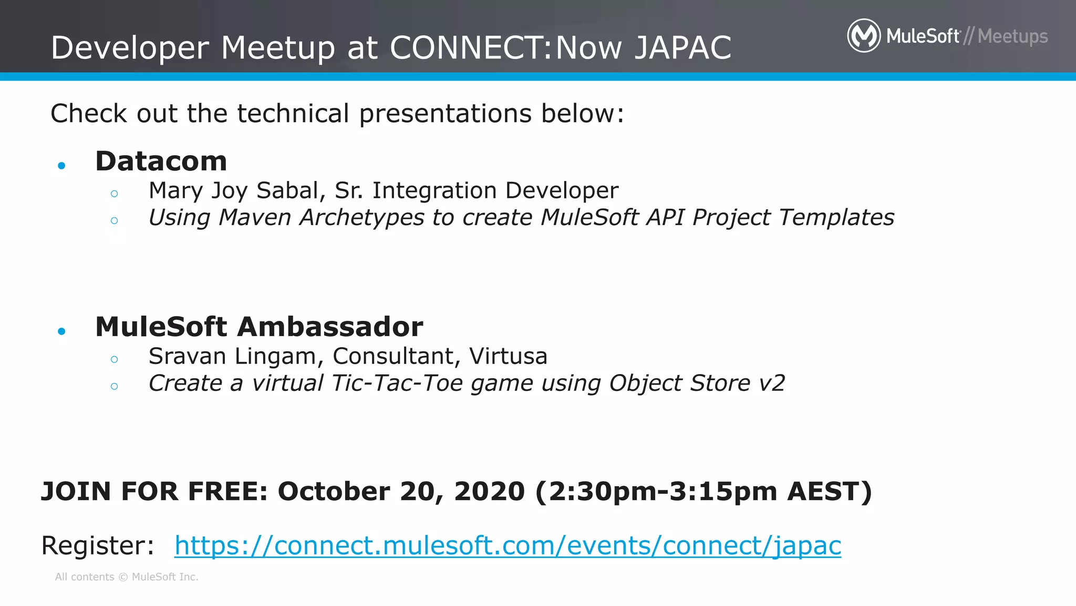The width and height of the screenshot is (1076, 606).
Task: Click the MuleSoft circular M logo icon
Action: pos(864,36)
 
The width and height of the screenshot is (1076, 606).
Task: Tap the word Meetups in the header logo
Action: pos(1012,36)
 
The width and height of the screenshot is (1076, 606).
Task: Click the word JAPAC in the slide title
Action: pos(682,48)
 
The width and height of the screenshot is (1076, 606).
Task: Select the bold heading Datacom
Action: pos(161,161)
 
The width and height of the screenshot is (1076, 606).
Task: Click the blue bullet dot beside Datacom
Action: pos(61,166)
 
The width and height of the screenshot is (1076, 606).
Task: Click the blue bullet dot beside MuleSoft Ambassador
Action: pos(61,331)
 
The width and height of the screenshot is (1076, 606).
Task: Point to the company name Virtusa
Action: pos(508,356)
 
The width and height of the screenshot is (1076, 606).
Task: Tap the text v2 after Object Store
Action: pos(772,383)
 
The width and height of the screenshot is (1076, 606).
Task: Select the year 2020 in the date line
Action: pos(489,491)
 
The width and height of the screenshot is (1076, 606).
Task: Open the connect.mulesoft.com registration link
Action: pos(508,546)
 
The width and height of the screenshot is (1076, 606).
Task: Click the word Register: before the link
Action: pos(98,546)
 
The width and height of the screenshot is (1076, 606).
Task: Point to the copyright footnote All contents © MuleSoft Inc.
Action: pos(127,577)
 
